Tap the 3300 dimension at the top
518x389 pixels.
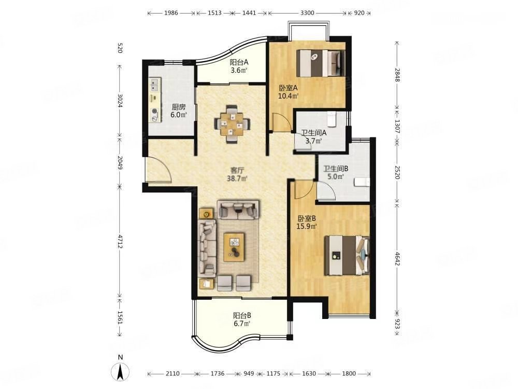coord(307,13)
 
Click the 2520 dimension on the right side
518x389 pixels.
coord(397,172)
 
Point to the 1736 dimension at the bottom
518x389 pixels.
coord(218,373)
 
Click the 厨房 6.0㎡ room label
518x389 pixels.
coord(179,111)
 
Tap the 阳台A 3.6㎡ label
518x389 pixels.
coord(239,66)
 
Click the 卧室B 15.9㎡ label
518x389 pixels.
coord(307,223)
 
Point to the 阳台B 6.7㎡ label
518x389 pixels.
coord(242,319)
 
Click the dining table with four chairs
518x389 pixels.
coord(233,124)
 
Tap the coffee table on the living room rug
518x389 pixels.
coord(234,247)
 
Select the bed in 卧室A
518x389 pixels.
coord(321,63)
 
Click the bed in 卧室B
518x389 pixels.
coord(347,255)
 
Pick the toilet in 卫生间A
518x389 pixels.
coord(332,119)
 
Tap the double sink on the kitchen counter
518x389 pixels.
coord(154,85)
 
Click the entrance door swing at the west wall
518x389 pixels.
coord(159,170)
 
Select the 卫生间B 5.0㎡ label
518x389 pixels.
coord(335,172)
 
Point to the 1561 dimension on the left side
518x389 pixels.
coord(120,317)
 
